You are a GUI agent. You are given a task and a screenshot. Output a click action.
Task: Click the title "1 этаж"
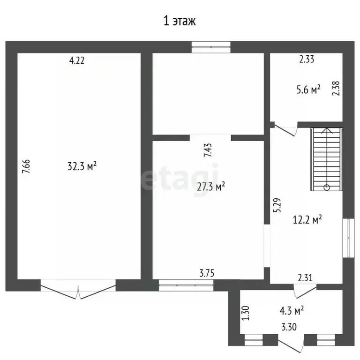(180, 21)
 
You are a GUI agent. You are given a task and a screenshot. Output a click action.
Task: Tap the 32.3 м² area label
(82, 166)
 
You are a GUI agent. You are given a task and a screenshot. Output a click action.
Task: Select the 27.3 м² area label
(211, 187)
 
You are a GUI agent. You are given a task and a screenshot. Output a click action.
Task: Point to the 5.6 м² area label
(308, 90)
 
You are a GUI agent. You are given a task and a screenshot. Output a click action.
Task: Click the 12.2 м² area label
(307, 219)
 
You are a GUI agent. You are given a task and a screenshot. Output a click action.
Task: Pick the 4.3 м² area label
(292, 310)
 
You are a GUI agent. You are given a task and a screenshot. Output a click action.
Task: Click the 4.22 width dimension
(77, 60)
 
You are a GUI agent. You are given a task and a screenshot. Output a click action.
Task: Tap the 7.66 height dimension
(26, 166)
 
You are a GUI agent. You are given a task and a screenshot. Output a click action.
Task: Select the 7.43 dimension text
(208, 150)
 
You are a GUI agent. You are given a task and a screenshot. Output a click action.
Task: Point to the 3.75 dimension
(207, 273)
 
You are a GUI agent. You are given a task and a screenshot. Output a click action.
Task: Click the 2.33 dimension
(307, 59)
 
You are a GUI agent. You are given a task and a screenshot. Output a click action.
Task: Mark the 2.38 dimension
(336, 89)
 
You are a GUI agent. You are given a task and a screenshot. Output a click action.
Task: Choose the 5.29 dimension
(277, 205)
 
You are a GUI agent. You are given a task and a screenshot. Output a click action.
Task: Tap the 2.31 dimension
(305, 278)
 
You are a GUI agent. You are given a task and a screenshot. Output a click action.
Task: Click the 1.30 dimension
(246, 313)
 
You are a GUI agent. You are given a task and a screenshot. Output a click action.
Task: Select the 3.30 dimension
(289, 327)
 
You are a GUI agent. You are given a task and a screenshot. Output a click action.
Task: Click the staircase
(327, 159)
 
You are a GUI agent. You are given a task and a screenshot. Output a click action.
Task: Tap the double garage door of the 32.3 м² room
(78, 289)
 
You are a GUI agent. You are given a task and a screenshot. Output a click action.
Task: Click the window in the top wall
(211, 47)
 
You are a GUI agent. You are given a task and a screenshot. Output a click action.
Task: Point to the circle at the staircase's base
(327, 187)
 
